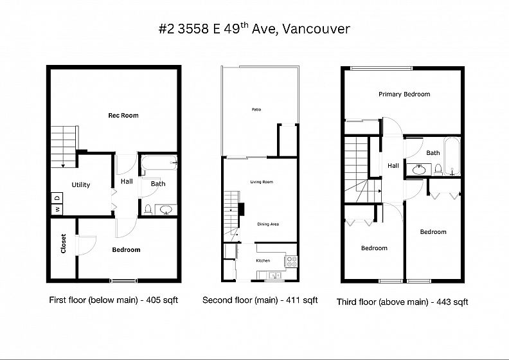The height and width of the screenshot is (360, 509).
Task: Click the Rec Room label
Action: pos(123,115)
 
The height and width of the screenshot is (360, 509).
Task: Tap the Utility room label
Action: pos(81,184)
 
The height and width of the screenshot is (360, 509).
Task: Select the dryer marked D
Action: pos(57,198)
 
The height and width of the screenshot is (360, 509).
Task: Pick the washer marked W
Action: pos(57,210)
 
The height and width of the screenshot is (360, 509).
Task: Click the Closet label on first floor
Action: pos(63,244)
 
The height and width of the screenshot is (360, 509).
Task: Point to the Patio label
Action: pos(256,110)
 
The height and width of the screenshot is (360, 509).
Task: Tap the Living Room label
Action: pos(262,182)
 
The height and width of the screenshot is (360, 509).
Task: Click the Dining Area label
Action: pos(268,224)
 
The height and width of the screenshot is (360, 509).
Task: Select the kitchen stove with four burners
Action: pos(291,261)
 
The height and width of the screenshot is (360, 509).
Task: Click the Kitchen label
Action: pos(263,260)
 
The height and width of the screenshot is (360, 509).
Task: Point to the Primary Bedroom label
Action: pos(404,94)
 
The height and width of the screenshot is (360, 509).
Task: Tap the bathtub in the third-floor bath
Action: pos(452,156)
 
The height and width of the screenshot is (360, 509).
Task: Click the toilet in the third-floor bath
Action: pos(438,170)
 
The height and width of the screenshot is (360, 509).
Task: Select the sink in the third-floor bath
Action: pos(419,170)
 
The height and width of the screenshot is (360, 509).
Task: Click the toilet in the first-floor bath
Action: pos(148,210)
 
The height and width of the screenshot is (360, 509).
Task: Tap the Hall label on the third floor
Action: pos(393,166)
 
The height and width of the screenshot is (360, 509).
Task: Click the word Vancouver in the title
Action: pos(316,29)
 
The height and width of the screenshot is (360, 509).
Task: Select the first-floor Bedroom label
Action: pos(126,249)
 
